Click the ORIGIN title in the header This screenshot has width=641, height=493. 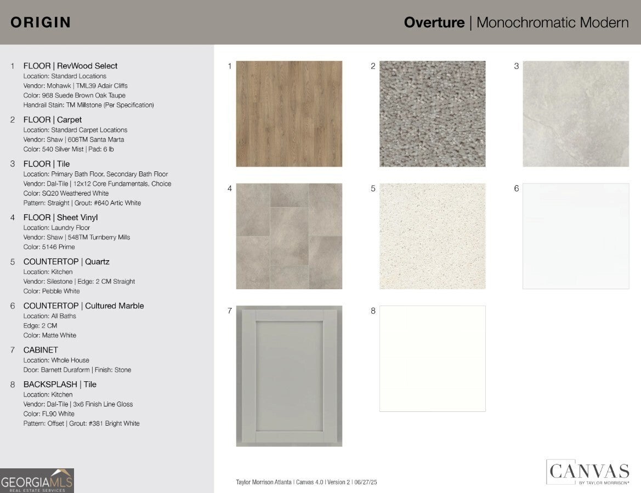[41, 22]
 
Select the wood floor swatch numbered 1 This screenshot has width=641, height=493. [289, 113]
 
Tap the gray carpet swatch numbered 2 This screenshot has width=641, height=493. [432, 113]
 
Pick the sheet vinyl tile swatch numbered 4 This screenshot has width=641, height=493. [289, 236]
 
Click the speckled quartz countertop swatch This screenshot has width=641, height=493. [432, 236]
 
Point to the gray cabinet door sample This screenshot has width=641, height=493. [289, 376]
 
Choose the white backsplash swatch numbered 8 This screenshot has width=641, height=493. [432, 358]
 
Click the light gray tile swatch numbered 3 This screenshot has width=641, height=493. [576, 113]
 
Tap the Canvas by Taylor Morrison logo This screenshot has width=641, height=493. [587, 472]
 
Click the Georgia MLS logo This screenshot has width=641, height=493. [37, 480]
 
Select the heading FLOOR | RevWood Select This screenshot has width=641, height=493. [70, 66]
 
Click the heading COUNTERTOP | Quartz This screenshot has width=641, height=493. [66, 262]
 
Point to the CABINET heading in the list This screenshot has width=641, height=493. [41, 350]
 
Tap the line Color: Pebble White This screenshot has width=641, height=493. [52, 291]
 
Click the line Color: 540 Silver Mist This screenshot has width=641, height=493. [69, 149]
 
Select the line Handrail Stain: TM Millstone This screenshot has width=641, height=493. [88, 105]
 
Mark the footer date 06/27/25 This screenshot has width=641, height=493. [366, 482]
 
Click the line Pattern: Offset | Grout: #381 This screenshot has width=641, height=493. [81, 423]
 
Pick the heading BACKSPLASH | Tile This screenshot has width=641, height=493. [60, 385]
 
